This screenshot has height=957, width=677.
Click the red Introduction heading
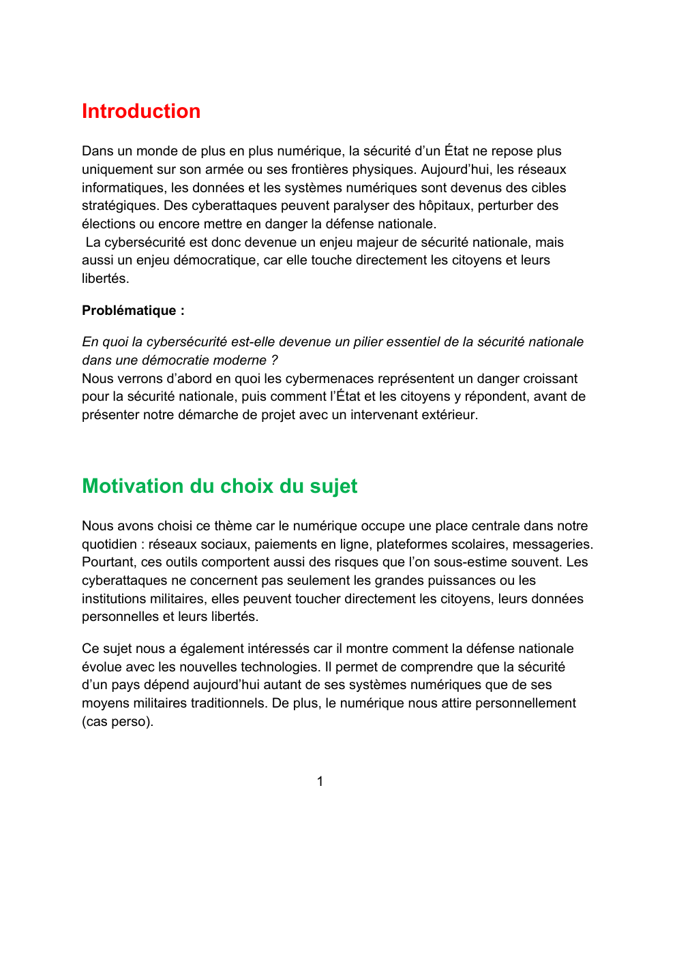tap(141, 111)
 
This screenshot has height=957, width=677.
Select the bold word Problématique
tap(129, 311)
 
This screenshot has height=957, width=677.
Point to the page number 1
tap(320, 782)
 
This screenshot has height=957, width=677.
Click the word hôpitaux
tap(445, 206)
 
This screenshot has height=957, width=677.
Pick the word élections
tap(107, 224)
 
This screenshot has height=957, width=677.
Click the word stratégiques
tap(119, 206)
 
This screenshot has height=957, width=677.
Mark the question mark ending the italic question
tap(274, 361)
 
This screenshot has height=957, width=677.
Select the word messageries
tap(552, 545)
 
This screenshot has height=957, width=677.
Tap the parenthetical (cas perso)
tap(117, 722)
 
